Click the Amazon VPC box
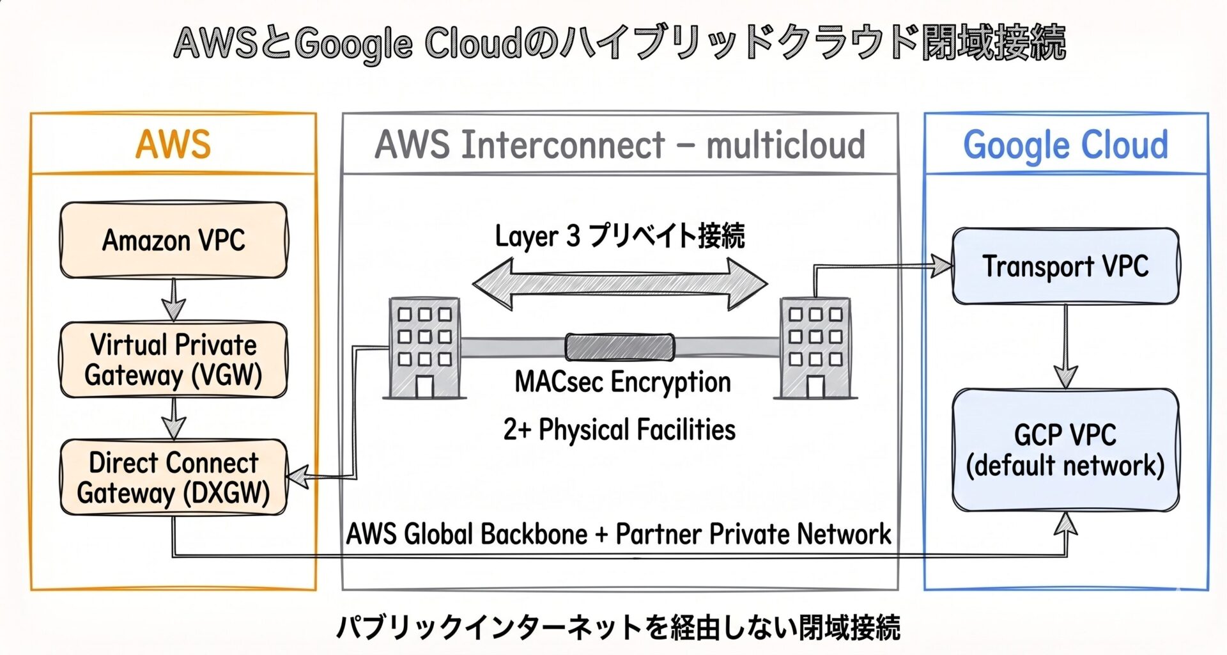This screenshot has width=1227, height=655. click(173, 241)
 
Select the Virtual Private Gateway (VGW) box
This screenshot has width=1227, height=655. click(173, 360)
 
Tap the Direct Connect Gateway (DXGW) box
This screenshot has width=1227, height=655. click(173, 477)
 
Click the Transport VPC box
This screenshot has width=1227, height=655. click(1065, 266)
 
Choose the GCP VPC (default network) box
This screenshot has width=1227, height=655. click(1065, 450)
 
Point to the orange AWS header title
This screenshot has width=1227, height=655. click(173, 144)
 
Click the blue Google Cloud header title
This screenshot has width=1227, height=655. click(1065, 145)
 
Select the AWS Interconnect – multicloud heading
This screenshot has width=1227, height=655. click(620, 145)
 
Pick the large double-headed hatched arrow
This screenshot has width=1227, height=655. click(620, 284)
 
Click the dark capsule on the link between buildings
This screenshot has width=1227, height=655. click(620, 347)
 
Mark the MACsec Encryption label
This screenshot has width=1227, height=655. click(622, 382)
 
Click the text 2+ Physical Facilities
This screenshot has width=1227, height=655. click(619, 429)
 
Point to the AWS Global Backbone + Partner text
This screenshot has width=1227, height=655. click(619, 534)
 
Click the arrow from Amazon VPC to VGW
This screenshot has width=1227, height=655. click(173, 299)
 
